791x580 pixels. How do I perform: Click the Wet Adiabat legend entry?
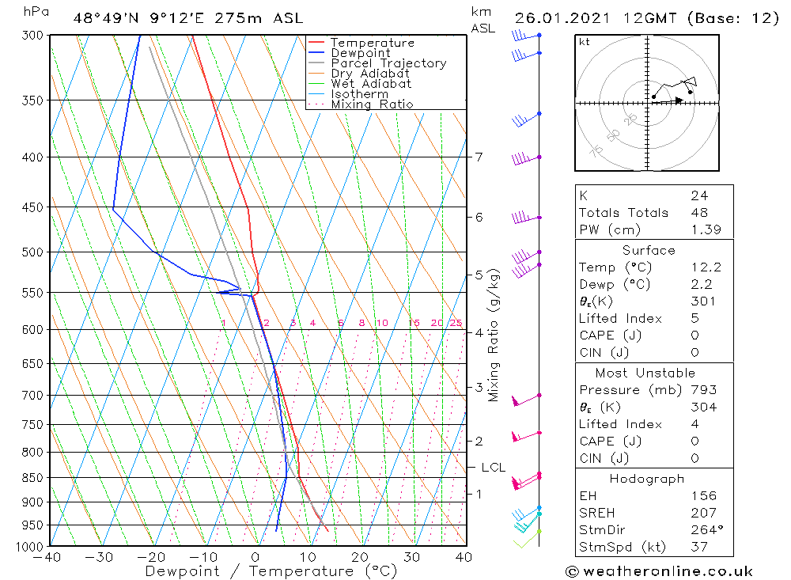(371, 84)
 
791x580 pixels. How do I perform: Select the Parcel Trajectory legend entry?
(388, 63)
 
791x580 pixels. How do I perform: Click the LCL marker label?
(493, 468)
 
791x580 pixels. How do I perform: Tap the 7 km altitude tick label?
(479, 157)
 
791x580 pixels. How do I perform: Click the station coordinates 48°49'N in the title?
(103, 18)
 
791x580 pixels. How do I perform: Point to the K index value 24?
(698, 195)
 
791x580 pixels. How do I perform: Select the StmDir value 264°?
(705, 529)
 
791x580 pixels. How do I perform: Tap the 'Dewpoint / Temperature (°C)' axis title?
(271, 571)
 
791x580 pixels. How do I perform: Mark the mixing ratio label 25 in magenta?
(456, 323)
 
